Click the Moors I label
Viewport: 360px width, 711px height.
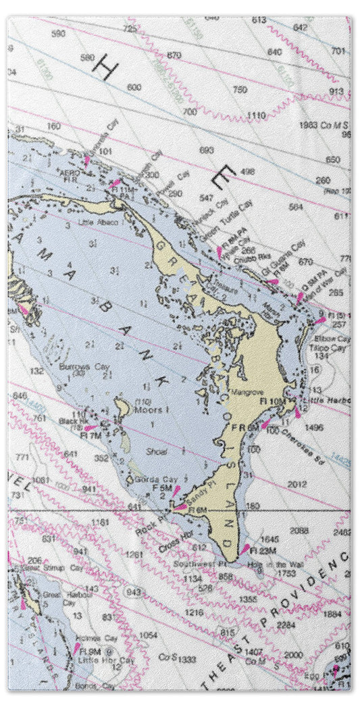pos(148,410)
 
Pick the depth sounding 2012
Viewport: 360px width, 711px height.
pos(297,484)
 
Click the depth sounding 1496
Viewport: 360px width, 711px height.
pos(314,427)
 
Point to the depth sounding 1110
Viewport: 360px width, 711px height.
pos(256,116)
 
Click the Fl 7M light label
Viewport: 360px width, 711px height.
pos(91,435)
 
